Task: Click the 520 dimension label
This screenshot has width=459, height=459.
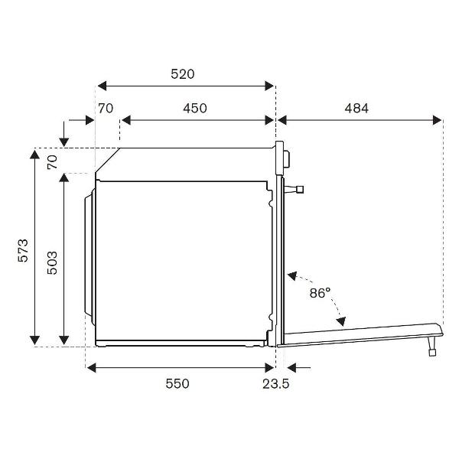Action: coord(183,74)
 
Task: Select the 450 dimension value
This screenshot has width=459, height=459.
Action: coord(194,108)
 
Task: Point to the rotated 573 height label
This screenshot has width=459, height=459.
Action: coord(23,250)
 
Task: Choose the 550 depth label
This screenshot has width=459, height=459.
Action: coord(177,383)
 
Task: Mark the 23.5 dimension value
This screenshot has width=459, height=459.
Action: coord(275,383)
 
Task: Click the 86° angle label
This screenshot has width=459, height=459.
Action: coord(320,292)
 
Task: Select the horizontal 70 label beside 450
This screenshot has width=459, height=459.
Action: coord(106,108)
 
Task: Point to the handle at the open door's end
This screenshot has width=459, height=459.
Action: coord(434,342)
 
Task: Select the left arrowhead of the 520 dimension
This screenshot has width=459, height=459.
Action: coord(100,86)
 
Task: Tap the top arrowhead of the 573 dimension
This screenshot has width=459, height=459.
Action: coord(34,153)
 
